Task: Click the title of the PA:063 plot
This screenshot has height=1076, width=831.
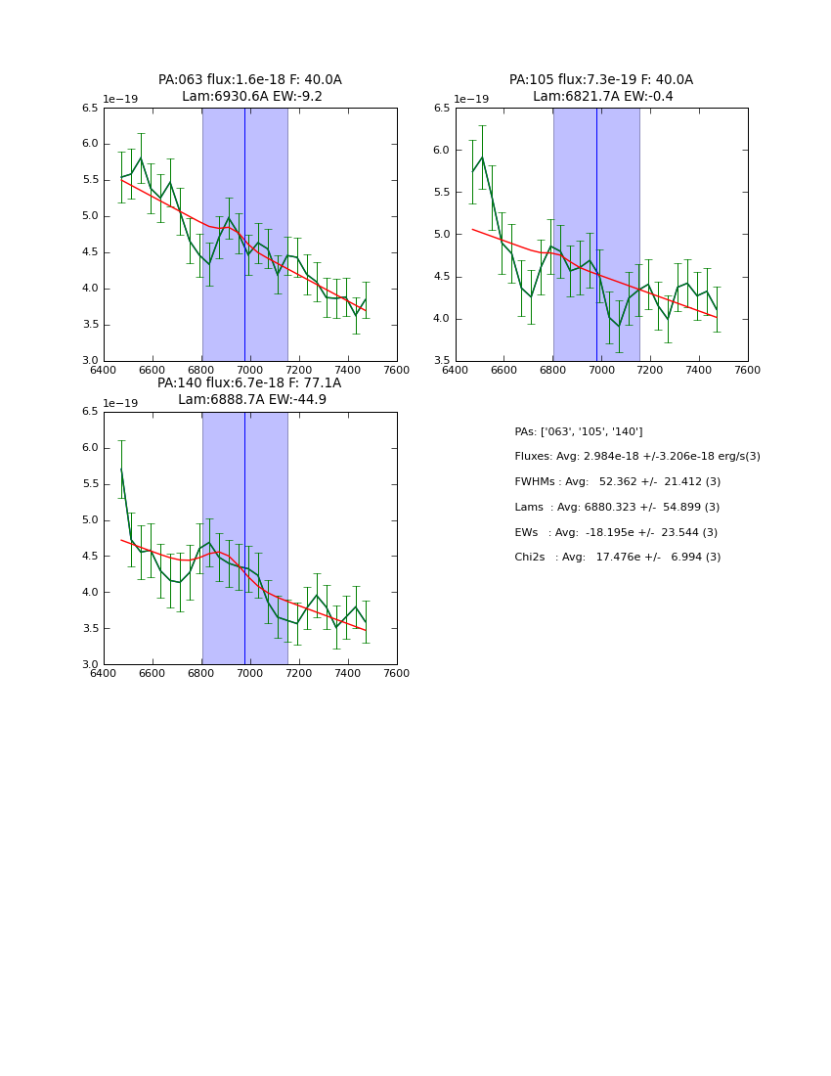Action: pos(250,88)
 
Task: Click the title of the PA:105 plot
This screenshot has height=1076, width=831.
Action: pos(601,88)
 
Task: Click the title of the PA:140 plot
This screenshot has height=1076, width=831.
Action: pos(250,391)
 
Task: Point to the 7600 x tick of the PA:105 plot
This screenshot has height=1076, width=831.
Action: pos(748,370)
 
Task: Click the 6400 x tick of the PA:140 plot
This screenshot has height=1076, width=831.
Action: pos(104,673)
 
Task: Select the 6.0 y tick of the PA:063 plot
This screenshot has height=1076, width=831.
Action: pos(90,144)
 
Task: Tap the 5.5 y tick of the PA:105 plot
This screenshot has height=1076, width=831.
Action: pos(442,193)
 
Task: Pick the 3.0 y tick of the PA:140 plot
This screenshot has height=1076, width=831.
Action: pos(90,664)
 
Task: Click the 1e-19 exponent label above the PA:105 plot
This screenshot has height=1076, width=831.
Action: pos(471,100)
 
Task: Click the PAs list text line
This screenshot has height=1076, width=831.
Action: pos(579,431)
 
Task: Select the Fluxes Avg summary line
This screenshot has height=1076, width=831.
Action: pos(637,457)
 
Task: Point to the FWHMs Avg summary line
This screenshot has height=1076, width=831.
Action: pos(617,482)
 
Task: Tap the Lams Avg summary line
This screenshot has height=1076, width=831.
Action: pos(617,508)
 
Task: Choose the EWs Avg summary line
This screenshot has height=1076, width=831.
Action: pos(616,532)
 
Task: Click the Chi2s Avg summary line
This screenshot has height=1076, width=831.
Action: pos(618,558)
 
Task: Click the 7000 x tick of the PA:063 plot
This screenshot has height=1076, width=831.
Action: pos(250,370)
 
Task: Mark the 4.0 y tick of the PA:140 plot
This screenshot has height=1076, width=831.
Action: pos(90,593)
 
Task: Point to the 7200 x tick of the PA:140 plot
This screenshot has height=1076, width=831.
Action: pos(299,673)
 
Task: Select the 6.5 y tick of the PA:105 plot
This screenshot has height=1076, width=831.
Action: pos(442,109)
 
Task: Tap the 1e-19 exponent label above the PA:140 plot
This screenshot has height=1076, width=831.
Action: pos(120,404)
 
